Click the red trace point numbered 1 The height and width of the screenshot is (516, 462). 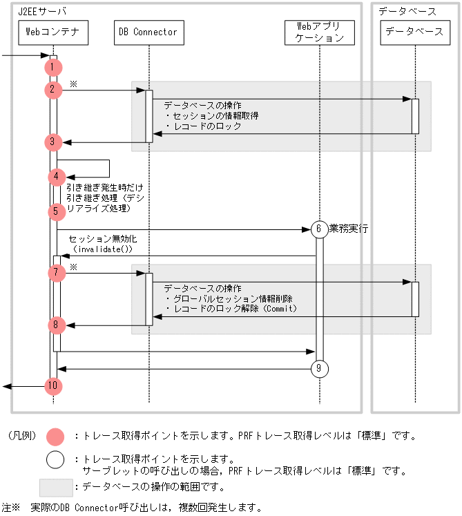click(x=53, y=67)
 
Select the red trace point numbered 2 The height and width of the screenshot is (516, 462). click(x=53, y=90)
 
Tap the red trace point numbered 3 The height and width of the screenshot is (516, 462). click(x=53, y=142)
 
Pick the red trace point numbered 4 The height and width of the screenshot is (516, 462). click(x=57, y=177)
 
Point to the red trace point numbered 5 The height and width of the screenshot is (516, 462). click(x=57, y=211)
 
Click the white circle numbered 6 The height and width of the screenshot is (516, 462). click(x=319, y=229)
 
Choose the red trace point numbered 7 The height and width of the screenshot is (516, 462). click(x=57, y=273)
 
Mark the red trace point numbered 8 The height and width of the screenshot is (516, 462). click(x=57, y=325)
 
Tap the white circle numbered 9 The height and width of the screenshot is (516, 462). click(x=319, y=369)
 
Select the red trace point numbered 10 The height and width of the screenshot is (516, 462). click(x=53, y=386)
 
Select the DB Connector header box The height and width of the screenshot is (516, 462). click(x=148, y=32)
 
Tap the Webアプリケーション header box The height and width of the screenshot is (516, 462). click(x=319, y=32)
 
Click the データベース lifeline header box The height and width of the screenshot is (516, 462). click(x=414, y=32)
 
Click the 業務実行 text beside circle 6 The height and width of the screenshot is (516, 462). click(x=349, y=227)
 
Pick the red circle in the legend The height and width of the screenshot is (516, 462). click(x=55, y=437)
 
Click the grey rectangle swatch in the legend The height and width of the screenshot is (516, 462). click(x=55, y=487)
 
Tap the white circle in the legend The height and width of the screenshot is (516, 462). click(x=55, y=459)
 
